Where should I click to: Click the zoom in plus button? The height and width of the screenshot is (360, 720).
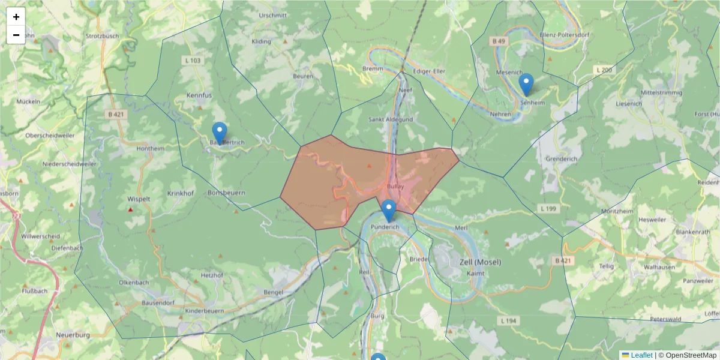16,17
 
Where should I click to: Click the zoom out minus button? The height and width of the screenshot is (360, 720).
16,35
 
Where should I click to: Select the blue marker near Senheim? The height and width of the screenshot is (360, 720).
526,85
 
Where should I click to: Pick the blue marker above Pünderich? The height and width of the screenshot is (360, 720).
389,211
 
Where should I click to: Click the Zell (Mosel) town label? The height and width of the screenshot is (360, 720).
479,262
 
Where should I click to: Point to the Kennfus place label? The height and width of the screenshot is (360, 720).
199,95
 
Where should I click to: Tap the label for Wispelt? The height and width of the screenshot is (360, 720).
139,198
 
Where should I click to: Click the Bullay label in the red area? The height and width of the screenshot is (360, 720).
396,187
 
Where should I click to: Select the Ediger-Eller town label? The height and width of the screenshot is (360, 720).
430,71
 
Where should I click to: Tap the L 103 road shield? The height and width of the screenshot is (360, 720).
193,61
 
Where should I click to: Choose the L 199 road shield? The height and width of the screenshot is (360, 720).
548,208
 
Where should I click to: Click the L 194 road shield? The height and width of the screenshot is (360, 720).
508,321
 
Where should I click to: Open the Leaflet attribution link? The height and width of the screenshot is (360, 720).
641,355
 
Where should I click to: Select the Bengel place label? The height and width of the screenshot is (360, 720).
273,292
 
